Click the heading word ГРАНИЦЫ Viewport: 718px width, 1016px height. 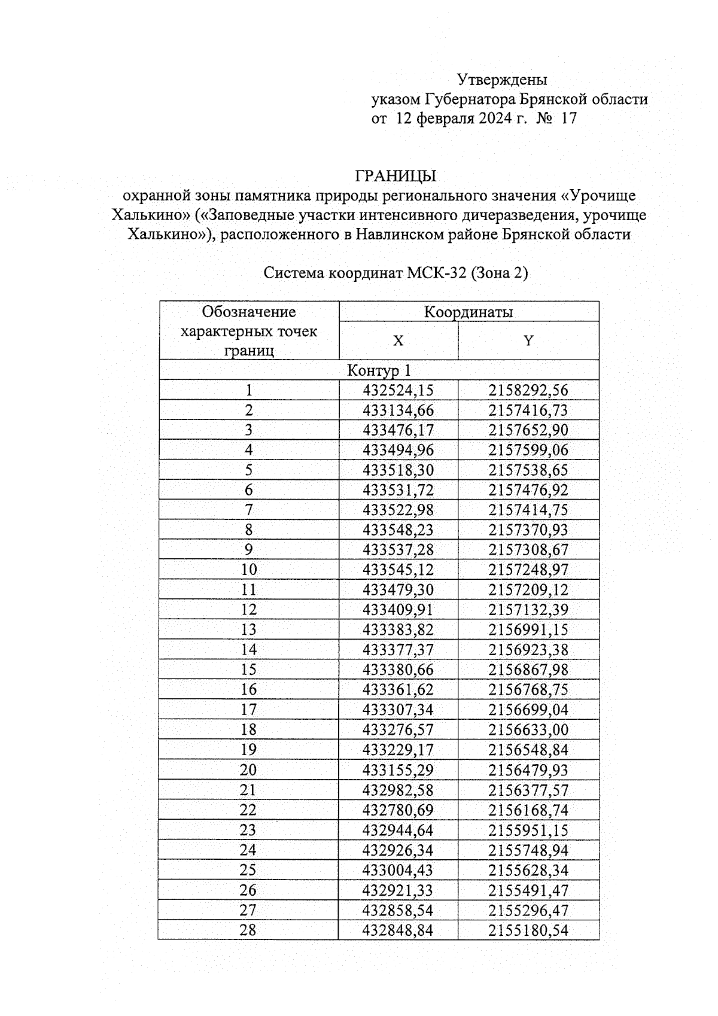click(x=395, y=177)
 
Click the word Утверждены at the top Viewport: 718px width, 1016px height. click(x=501, y=80)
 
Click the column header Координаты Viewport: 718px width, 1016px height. click(x=468, y=312)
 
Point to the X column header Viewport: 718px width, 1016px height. click(x=398, y=341)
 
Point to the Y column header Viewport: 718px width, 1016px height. click(x=528, y=341)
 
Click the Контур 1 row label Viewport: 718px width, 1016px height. click(x=379, y=370)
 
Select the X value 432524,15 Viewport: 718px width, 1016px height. click(x=398, y=391)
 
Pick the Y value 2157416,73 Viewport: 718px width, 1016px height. click(x=528, y=410)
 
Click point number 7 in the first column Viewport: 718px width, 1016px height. click(x=249, y=510)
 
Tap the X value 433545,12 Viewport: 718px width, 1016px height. click(x=398, y=570)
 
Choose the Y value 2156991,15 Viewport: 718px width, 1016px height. click(x=528, y=630)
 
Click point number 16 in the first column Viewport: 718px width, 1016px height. click(x=248, y=690)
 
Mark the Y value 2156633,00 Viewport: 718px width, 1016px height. click(x=528, y=730)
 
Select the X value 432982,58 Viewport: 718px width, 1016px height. click(x=398, y=790)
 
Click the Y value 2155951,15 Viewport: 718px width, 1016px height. click(x=528, y=831)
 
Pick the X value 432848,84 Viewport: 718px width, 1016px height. click(x=398, y=930)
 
